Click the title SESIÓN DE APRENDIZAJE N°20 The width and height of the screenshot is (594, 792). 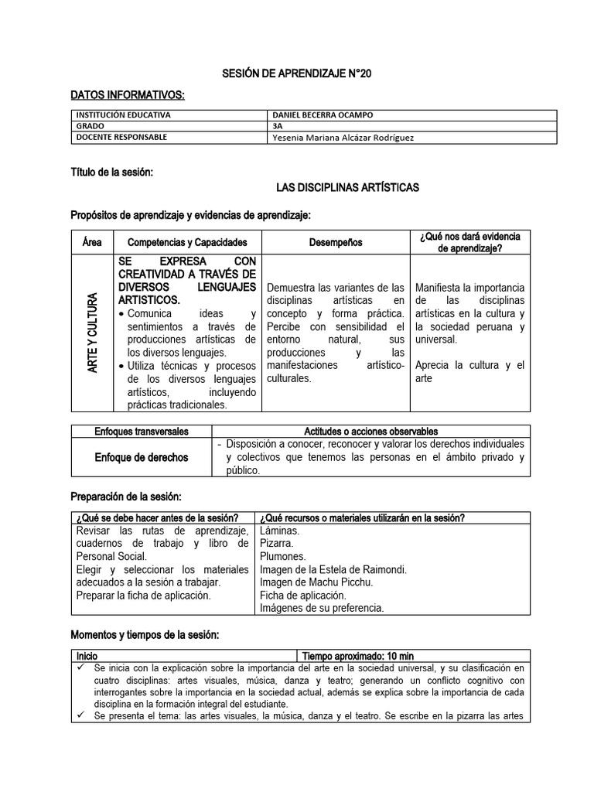[296, 74]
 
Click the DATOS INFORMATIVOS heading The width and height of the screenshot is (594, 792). [128, 94]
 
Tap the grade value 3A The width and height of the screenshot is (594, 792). [279, 126]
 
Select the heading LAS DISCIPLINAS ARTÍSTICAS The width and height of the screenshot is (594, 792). [347, 187]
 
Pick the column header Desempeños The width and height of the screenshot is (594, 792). [336, 242]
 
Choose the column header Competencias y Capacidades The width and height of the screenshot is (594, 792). [187, 242]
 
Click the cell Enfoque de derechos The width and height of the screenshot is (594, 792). [141, 457]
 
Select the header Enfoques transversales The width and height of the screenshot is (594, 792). [141, 431]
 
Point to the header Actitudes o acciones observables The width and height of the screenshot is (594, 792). [370, 431]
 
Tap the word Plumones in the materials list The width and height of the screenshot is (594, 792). [283, 556]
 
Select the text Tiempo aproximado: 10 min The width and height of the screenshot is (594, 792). [357, 655]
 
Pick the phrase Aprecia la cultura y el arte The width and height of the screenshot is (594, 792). [469, 371]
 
